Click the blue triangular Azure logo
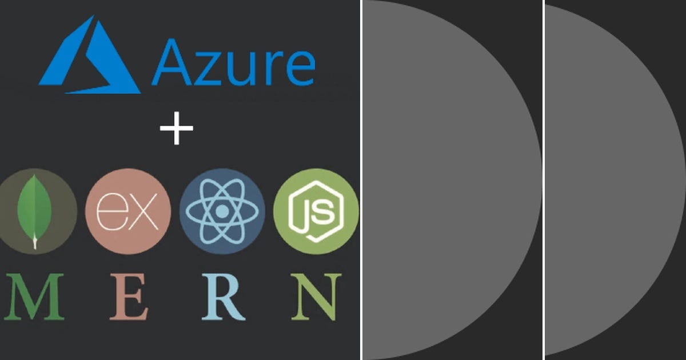(x=91, y=60)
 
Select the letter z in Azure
(x=210, y=67)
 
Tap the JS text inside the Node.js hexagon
(x=316, y=212)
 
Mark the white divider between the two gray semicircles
(x=543, y=180)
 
